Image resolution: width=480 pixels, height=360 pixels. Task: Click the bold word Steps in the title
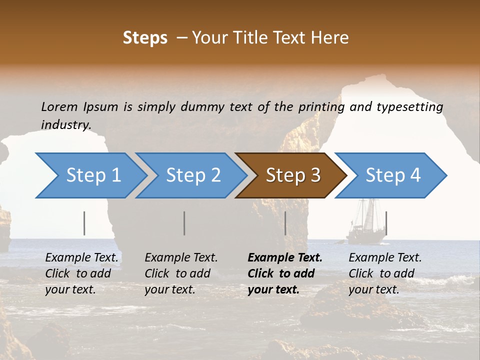pyautogui.click(x=145, y=38)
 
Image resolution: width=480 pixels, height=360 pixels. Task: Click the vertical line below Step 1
pyautogui.click(x=84, y=223)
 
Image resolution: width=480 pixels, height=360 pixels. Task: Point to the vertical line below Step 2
pyautogui.click(x=184, y=223)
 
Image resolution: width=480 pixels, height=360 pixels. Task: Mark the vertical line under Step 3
pyautogui.click(x=285, y=223)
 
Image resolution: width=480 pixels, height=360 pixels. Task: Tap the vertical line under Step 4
pyautogui.click(x=386, y=223)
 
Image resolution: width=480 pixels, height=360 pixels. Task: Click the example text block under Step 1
pyautogui.click(x=81, y=273)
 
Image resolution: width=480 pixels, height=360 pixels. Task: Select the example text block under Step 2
pyautogui.click(x=181, y=273)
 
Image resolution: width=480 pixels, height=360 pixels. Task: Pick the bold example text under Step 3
pyautogui.click(x=284, y=273)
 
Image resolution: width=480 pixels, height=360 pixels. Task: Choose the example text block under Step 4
pyautogui.click(x=385, y=273)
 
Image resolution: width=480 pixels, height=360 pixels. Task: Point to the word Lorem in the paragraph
pyautogui.click(x=59, y=106)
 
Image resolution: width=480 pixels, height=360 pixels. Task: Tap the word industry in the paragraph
pyautogui.click(x=66, y=125)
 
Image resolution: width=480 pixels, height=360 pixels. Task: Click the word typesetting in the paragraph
pyautogui.click(x=410, y=107)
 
